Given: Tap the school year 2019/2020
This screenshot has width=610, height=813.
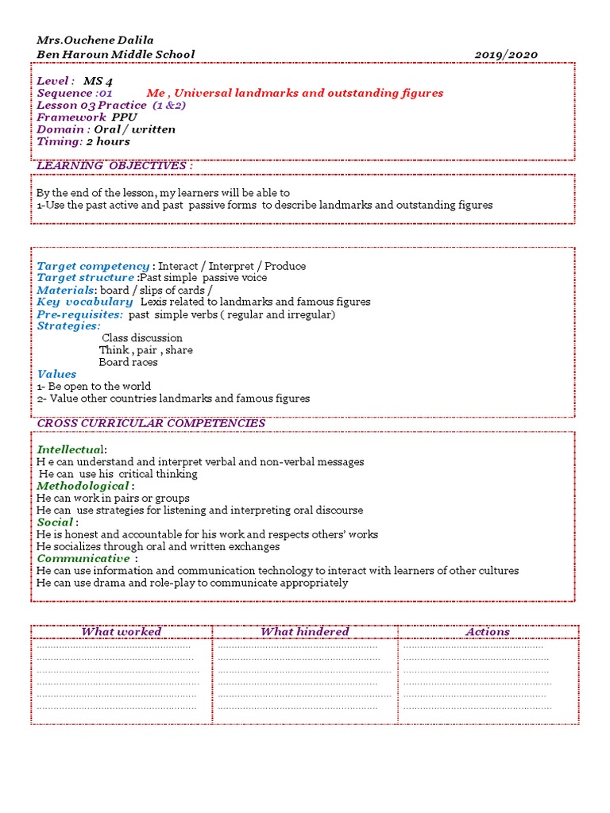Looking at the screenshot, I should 506,55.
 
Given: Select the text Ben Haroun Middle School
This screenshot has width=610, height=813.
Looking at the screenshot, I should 115,55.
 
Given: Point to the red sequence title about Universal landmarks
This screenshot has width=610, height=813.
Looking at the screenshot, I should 295,93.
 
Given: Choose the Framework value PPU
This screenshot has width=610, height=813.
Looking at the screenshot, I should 124,117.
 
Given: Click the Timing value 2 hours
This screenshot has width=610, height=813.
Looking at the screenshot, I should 108,141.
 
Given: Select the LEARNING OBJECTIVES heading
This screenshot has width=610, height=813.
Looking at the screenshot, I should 114,165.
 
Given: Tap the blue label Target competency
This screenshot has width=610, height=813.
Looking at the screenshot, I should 93,266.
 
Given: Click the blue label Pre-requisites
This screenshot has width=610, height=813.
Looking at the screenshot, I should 79,314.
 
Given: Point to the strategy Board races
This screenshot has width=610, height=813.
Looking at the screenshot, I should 128,362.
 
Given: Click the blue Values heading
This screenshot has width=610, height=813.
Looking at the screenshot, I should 56,374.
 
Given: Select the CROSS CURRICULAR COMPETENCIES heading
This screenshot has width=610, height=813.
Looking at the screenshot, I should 151,423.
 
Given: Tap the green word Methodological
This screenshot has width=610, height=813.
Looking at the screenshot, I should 83,486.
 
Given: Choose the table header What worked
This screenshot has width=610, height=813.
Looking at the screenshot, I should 122,632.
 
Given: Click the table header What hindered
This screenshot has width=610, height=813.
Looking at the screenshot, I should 304,632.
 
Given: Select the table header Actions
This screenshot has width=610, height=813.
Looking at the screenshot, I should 488,632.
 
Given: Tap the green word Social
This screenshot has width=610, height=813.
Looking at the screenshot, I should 55,522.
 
